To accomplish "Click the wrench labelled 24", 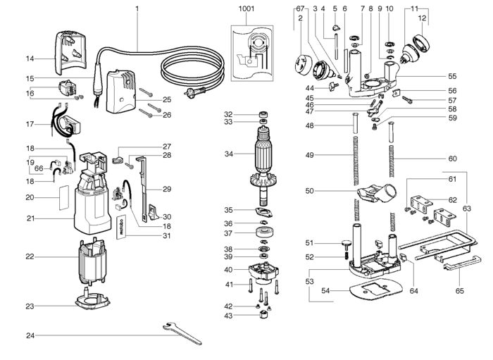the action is click(x=182, y=334).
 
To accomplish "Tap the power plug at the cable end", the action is click(x=194, y=92).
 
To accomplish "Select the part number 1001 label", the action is click(x=246, y=8).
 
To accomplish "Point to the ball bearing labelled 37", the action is click(x=264, y=232).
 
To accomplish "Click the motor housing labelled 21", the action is click(x=92, y=195).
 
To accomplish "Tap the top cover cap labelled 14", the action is click(x=70, y=53).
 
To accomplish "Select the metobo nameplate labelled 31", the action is click(x=121, y=227).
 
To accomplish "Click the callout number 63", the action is click(x=466, y=209).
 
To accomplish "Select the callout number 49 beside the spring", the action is click(x=309, y=155).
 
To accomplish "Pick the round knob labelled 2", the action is click(x=302, y=65).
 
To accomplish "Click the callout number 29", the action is click(x=167, y=189).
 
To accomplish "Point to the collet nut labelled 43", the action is click(x=264, y=314).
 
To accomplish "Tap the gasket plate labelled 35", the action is click(x=264, y=213).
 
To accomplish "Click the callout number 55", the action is click(x=452, y=76).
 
